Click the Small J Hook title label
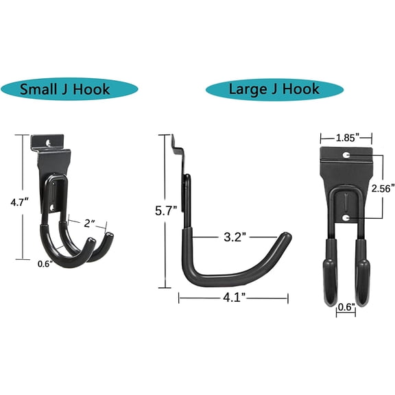click(64, 90)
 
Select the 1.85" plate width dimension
click(346, 138)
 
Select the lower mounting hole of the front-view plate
click(346, 218)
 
